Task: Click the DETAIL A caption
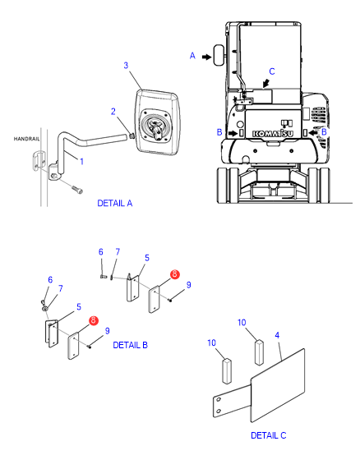[115, 203]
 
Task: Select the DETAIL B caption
[130, 345]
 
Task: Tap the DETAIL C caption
[268, 435]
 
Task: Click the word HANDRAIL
[26, 139]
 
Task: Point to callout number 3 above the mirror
[126, 65]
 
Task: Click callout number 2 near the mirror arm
[113, 112]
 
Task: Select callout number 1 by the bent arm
[81, 161]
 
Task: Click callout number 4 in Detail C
[277, 335]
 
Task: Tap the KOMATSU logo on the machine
[273, 133]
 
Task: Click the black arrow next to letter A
[206, 57]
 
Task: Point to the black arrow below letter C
[266, 83]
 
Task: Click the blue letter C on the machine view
[272, 71]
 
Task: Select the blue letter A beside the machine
[192, 55]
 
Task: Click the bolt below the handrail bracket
[77, 190]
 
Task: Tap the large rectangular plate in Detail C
[278, 385]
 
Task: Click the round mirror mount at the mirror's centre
[156, 127]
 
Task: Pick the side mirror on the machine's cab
[219, 55]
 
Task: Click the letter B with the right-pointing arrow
[219, 132]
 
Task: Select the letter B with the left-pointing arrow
[324, 131]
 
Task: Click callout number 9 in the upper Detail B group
[189, 285]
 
